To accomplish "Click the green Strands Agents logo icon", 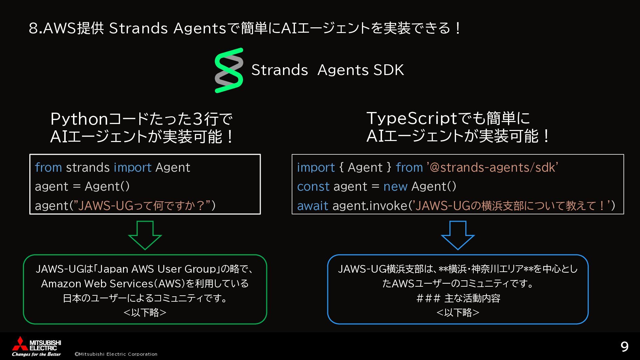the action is (x=229, y=70).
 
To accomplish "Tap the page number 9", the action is (x=624, y=347).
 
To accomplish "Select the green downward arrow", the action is (x=145, y=235).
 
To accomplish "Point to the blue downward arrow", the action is (x=458, y=235).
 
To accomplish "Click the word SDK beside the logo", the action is (x=388, y=70).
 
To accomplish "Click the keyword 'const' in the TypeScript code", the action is (x=313, y=186).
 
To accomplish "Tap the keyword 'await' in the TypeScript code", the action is (x=312, y=206).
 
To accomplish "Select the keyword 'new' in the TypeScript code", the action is (x=395, y=186).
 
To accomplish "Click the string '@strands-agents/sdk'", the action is (x=492, y=167).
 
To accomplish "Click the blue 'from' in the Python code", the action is (x=48, y=167).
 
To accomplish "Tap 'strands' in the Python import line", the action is (x=88, y=167).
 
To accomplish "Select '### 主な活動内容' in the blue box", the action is (x=458, y=298).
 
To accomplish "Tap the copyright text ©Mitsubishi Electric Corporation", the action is (x=116, y=354).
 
